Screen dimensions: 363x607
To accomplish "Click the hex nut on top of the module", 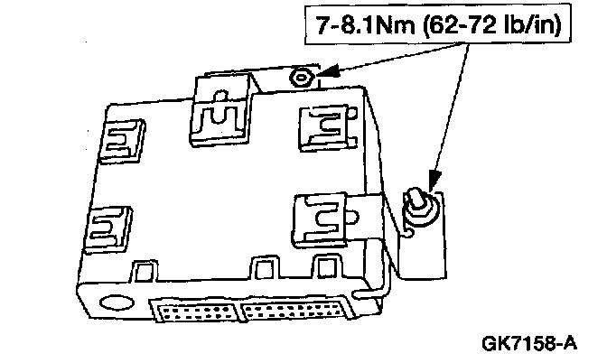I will pyautogui.click(x=300, y=79).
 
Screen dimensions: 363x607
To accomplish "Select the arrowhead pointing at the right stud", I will pyautogui.click(x=431, y=186).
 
